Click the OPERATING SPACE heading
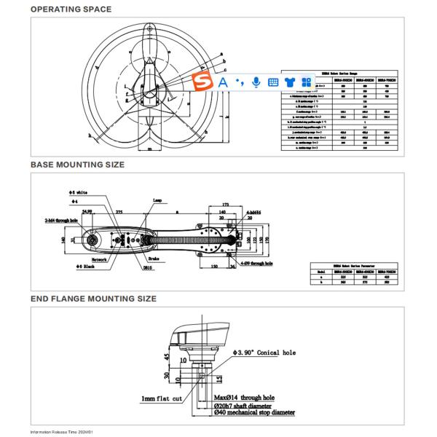tap(71, 9)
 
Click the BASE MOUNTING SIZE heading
tap(77, 165)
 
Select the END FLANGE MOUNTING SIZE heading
tap(93, 299)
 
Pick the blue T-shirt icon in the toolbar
tap(289, 82)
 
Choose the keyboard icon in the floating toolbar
tap(273, 82)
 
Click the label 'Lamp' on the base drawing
tap(157, 200)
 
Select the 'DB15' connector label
tap(148, 267)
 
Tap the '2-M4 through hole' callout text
tap(61, 219)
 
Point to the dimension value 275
tap(118, 210)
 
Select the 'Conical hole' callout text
tap(267, 353)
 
